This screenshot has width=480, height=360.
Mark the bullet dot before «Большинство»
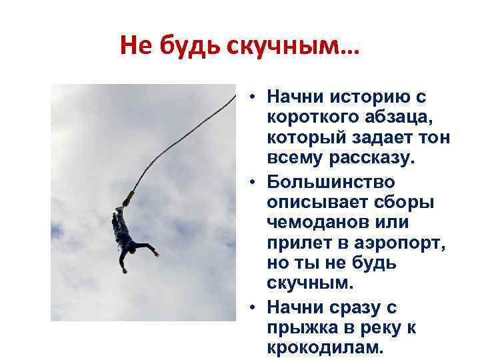pos(254,181)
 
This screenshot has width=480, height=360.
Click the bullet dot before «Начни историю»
pos(254,97)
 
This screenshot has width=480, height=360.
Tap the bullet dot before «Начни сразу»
pos(254,307)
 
